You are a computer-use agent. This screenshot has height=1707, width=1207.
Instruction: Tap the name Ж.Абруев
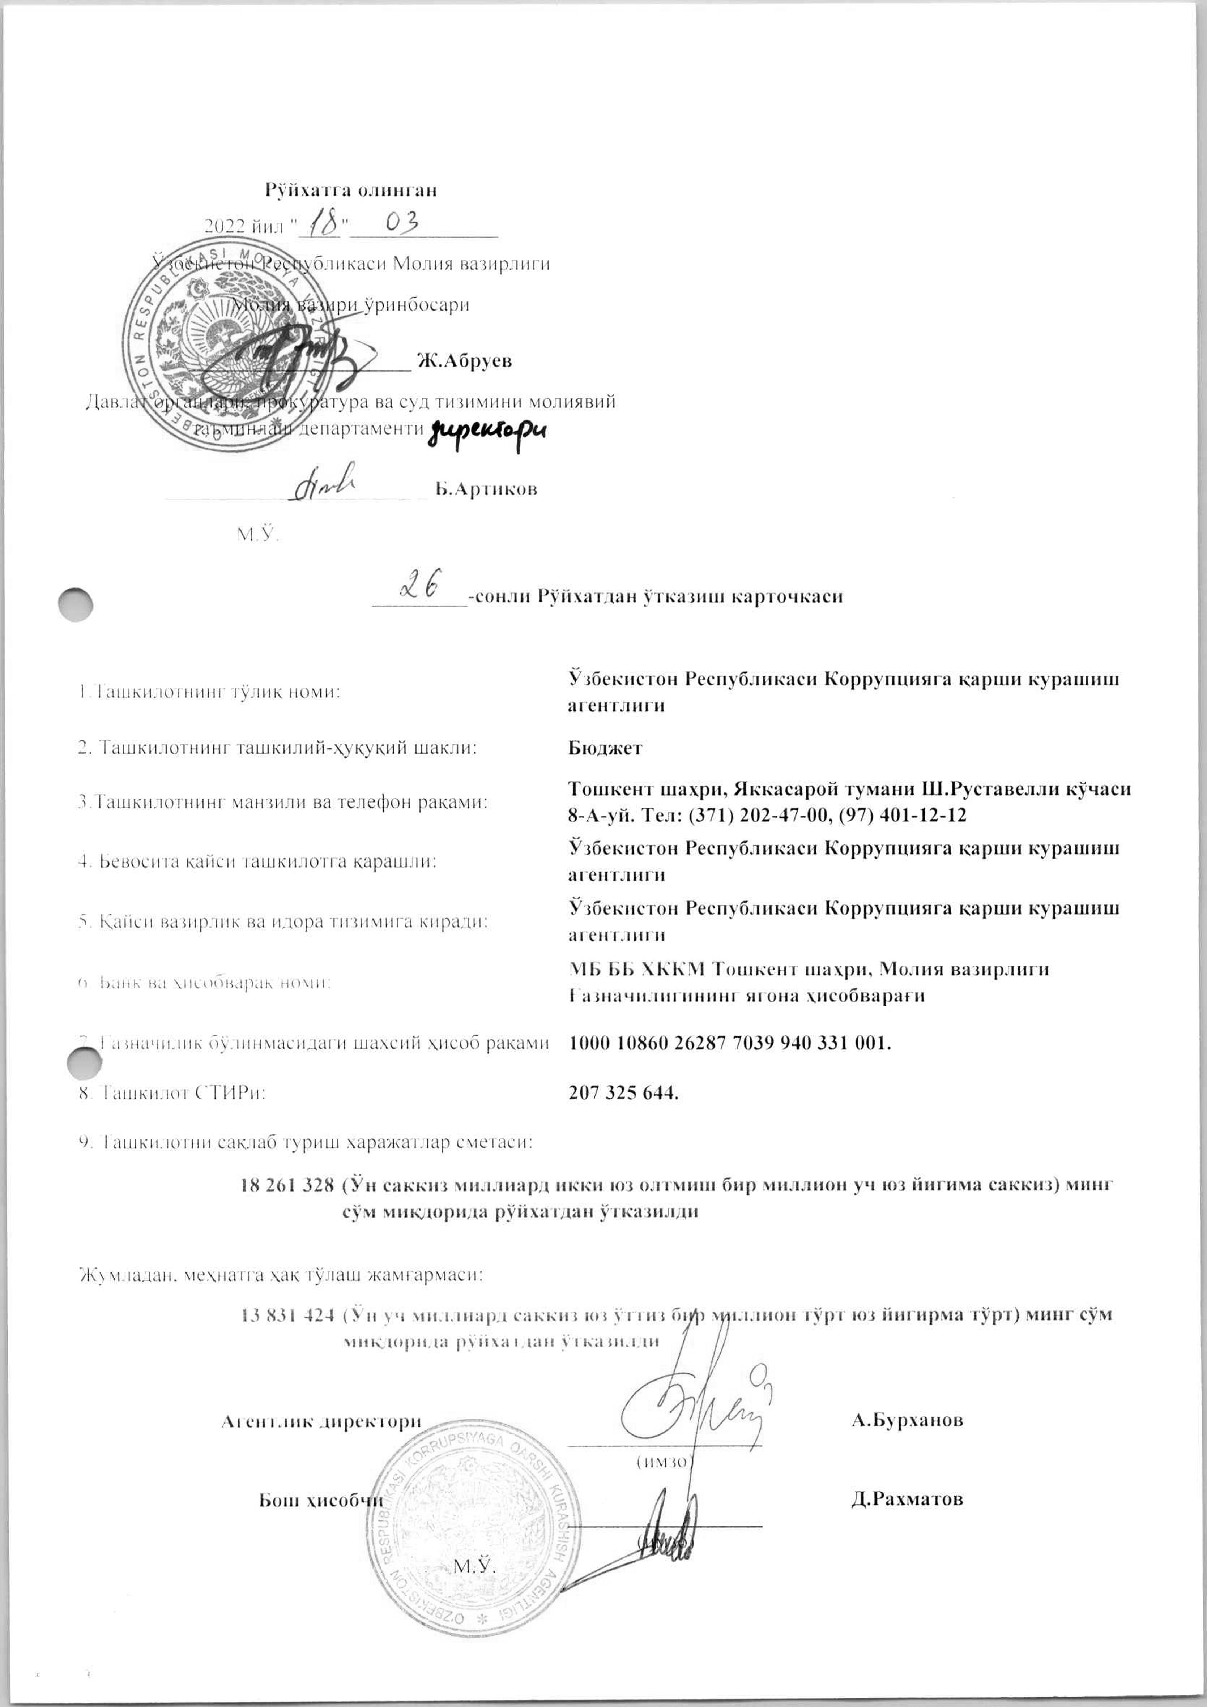pos(464,361)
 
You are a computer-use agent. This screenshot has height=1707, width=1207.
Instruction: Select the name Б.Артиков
pos(486,489)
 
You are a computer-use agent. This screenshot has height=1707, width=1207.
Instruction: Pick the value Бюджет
pos(605,748)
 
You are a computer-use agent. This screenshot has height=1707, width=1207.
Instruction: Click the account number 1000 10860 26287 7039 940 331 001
pos(730,1043)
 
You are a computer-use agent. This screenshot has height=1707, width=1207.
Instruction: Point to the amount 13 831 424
pos(287,1314)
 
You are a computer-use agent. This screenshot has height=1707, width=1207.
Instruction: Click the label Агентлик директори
pos(321,1421)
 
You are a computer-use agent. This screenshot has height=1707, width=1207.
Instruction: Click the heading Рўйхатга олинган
pos(351,190)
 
